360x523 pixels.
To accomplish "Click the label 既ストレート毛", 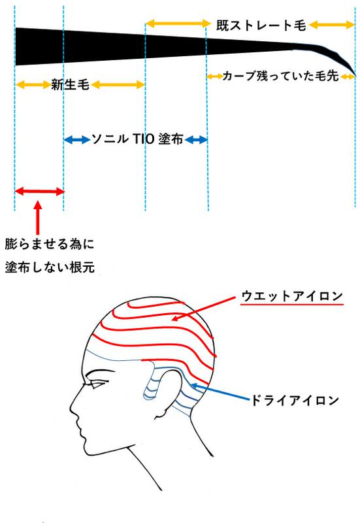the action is (x=261, y=25).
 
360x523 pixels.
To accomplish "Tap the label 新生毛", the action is (x=71, y=84).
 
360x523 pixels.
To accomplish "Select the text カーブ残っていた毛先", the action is (x=280, y=76).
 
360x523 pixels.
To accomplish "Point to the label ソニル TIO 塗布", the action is (x=137, y=139).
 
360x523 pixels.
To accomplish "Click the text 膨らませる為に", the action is (x=50, y=244).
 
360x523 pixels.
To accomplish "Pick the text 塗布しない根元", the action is (x=50, y=267).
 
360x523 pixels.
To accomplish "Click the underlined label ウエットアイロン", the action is (x=292, y=295).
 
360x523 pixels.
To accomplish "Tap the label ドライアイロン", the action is (x=294, y=400).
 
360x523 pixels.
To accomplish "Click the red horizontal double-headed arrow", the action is (x=39, y=192).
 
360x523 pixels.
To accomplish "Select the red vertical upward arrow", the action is (x=38, y=218).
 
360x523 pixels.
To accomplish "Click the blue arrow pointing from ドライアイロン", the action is (x=220, y=392).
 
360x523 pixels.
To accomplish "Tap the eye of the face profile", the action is (x=94, y=386).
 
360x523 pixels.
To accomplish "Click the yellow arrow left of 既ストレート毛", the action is (x=178, y=24).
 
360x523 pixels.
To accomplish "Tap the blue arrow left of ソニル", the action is (x=76, y=139).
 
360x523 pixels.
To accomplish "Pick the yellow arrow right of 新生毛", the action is (x=118, y=84).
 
